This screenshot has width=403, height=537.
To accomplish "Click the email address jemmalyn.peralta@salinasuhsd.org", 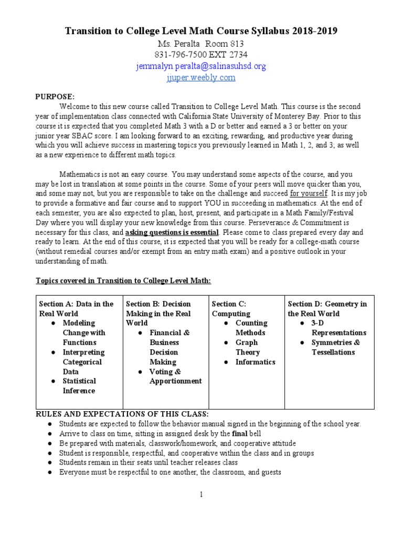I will coord(201,66).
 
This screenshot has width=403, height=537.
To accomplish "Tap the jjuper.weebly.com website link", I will coord(201,78).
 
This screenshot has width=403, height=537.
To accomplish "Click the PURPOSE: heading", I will coord(55,96).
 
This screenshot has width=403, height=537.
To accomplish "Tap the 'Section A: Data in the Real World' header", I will coord(76,308).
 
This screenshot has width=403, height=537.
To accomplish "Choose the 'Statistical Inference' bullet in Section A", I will coord(79,385).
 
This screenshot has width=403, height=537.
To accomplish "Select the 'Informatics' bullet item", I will coord(255,362).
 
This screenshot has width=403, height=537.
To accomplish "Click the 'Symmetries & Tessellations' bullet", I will coord(336,347).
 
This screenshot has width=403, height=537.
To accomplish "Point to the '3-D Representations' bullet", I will coord(338,328).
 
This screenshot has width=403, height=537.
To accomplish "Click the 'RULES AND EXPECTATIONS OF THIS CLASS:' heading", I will coord(122,414).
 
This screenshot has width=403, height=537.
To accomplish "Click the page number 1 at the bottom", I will coord(201,495).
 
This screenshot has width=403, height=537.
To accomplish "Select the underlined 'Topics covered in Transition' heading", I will coord(123,281).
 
